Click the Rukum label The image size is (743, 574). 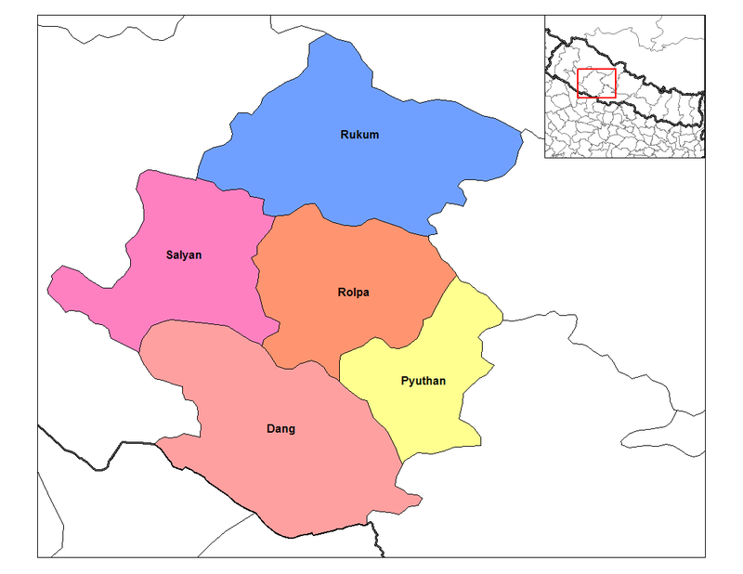pyautogui.click(x=358, y=136)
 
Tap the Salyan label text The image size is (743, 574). pyautogui.click(x=184, y=254)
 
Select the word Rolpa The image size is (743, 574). pyautogui.click(x=353, y=293)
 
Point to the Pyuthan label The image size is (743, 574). pyautogui.click(x=423, y=381)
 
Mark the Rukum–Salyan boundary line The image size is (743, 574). pyautogui.click(x=237, y=190)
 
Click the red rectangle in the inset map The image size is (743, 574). pyautogui.click(x=596, y=70)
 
